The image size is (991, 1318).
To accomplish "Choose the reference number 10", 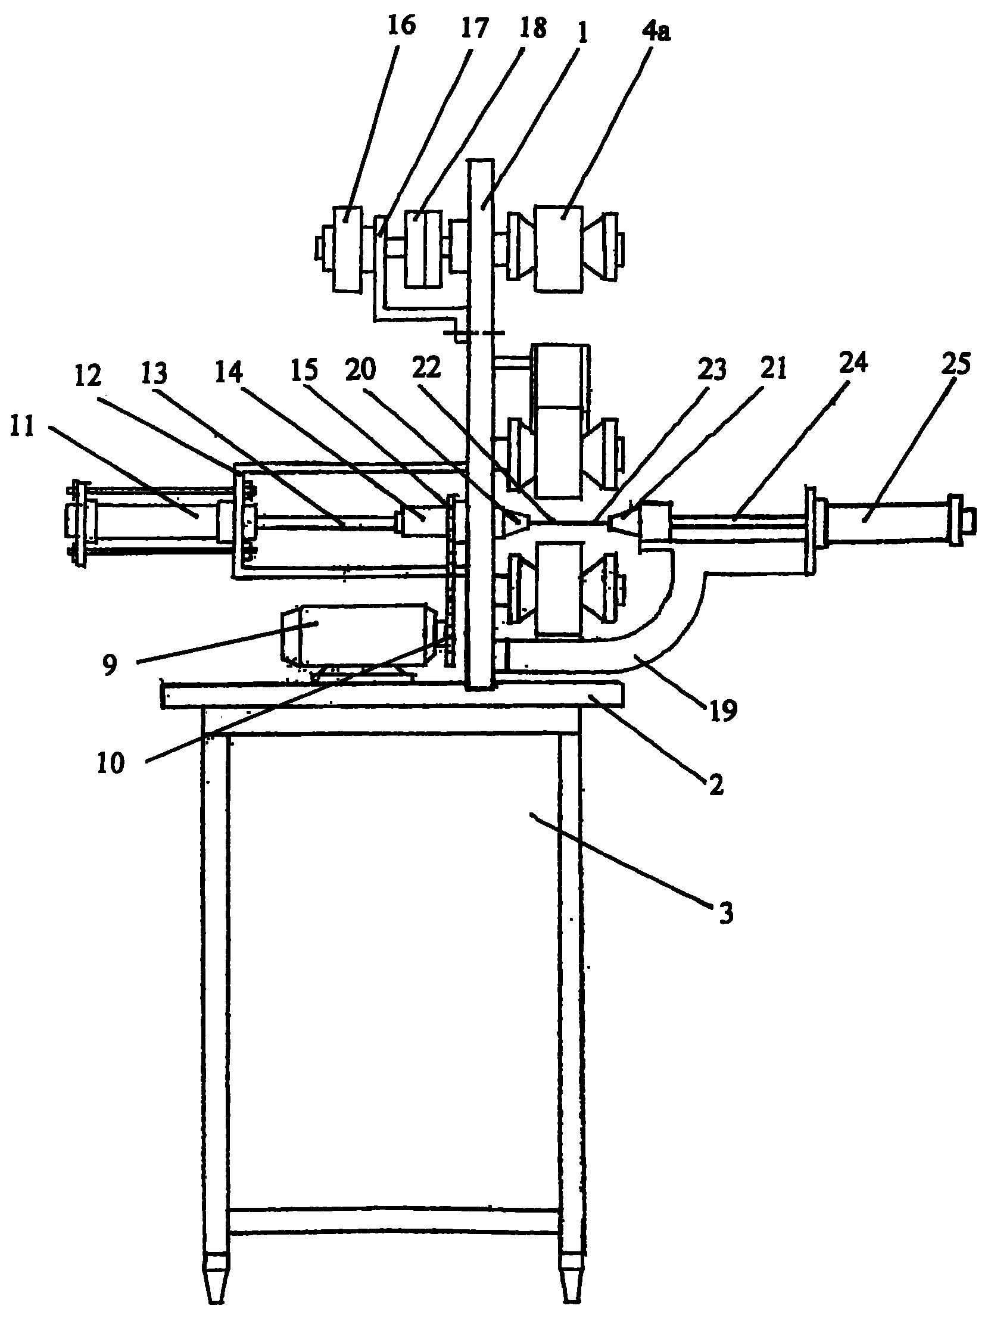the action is [111, 764].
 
